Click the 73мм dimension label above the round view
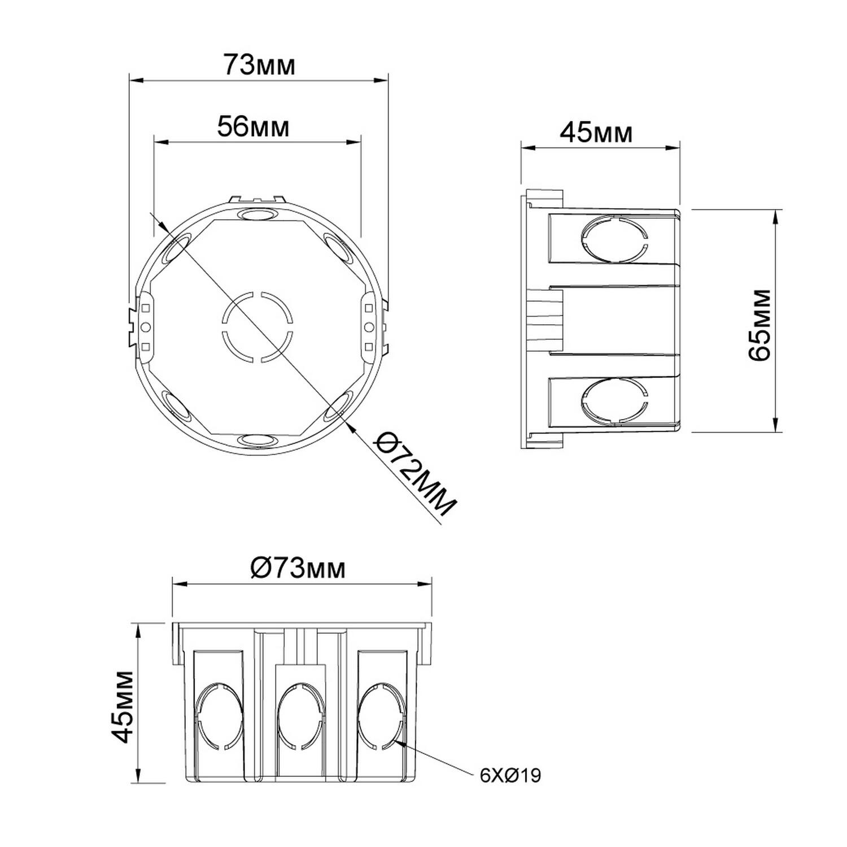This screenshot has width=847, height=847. (259, 64)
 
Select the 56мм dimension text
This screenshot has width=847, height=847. (253, 126)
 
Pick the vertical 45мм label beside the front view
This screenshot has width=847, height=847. (122, 706)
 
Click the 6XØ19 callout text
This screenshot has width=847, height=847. (510, 775)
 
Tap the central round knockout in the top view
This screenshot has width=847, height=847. (257, 326)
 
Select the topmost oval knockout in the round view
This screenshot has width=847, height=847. (257, 215)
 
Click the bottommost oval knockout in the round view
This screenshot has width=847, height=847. (257, 439)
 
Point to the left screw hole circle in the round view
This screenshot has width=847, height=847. (145, 326)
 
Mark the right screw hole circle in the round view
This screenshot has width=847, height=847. (369, 326)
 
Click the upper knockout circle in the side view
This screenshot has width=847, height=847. (613, 237)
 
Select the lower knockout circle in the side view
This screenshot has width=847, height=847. (613, 400)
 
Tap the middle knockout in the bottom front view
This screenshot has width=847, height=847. (303, 715)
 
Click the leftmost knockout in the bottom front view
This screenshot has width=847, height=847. (220, 715)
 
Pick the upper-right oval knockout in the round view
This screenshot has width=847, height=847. (338, 246)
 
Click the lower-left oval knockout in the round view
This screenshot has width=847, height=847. (176, 407)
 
